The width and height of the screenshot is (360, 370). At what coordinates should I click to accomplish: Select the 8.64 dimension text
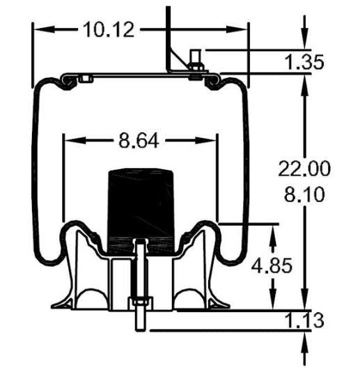[x=139, y=141]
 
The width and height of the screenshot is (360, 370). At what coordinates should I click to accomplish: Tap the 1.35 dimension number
[x=304, y=63]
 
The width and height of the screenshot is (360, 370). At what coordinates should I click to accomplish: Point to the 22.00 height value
[x=304, y=168]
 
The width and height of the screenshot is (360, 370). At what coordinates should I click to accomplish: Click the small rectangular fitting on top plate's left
[x=85, y=79]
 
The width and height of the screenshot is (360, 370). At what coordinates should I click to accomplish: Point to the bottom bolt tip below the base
[x=139, y=327]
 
